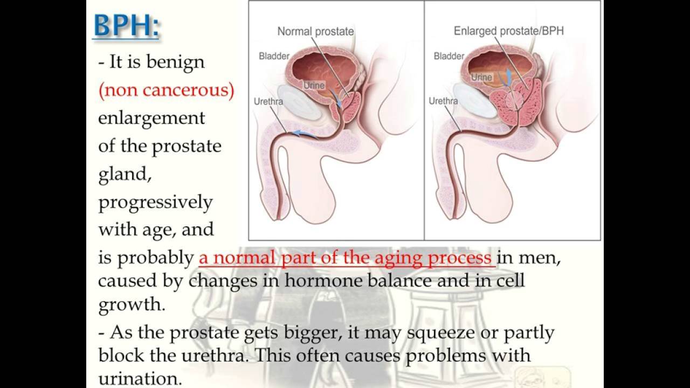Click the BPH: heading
click(x=126, y=25)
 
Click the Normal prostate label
click(x=315, y=31)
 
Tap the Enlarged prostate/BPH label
click(x=508, y=31)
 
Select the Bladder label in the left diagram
click(x=274, y=56)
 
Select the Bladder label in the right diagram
click(x=449, y=56)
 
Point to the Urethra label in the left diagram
click(x=268, y=101)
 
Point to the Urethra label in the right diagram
click(x=443, y=101)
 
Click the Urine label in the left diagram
click(x=314, y=85)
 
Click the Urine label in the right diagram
click(x=481, y=77)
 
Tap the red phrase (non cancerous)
click(x=166, y=90)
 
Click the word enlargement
click(x=151, y=118)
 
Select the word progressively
click(x=155, y=202)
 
